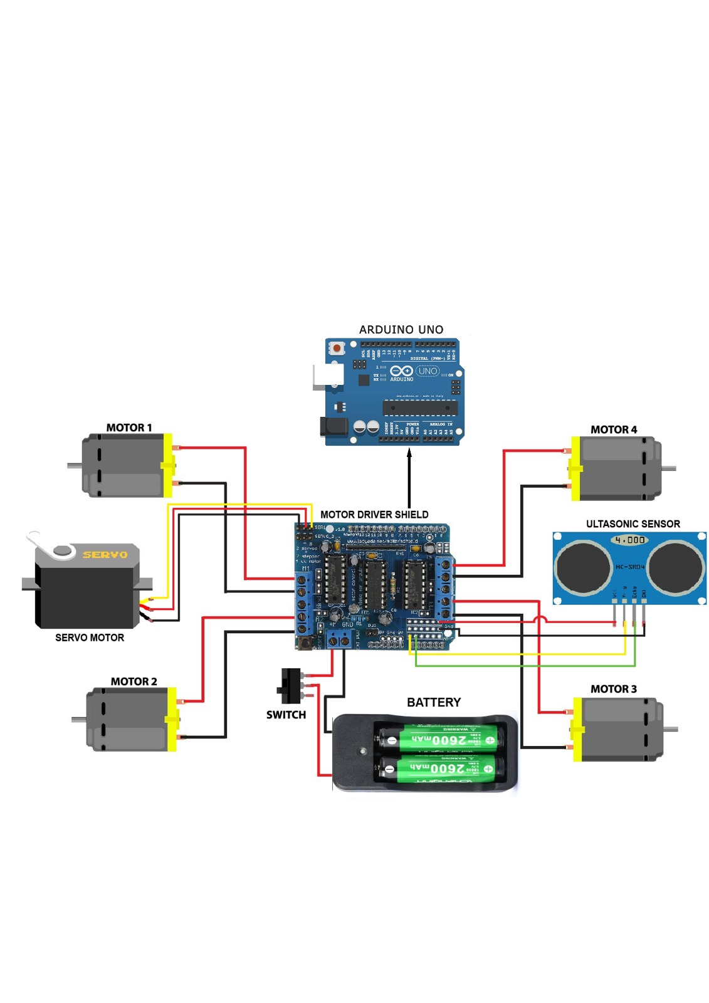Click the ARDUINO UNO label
(401, 330)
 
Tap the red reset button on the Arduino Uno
(337, 348)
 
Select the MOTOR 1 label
(129, 428)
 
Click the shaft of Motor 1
(75, 465)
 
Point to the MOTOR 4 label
(613, 429)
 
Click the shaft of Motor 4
(668, 468)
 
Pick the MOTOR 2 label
(134, 681)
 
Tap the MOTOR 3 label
(613, 689)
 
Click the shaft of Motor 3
(670, 728)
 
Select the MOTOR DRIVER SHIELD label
(374, 515)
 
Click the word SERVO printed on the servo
(105, 555)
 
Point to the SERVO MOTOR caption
(90, 638)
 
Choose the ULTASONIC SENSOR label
(633, 524)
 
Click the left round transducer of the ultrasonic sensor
(583, 567)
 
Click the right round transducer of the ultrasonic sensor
(676, 567)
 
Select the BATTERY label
(433, 703)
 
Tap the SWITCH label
(286, 715)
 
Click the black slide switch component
(290, 686)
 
